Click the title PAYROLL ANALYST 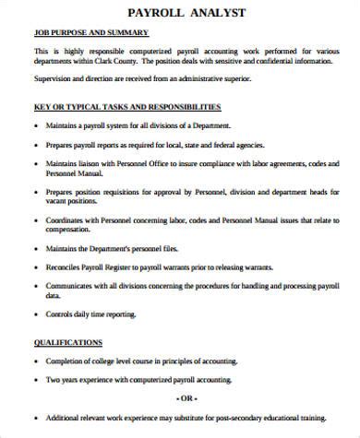(x=179, y=12)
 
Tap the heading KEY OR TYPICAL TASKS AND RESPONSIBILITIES (x=127, y=107)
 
